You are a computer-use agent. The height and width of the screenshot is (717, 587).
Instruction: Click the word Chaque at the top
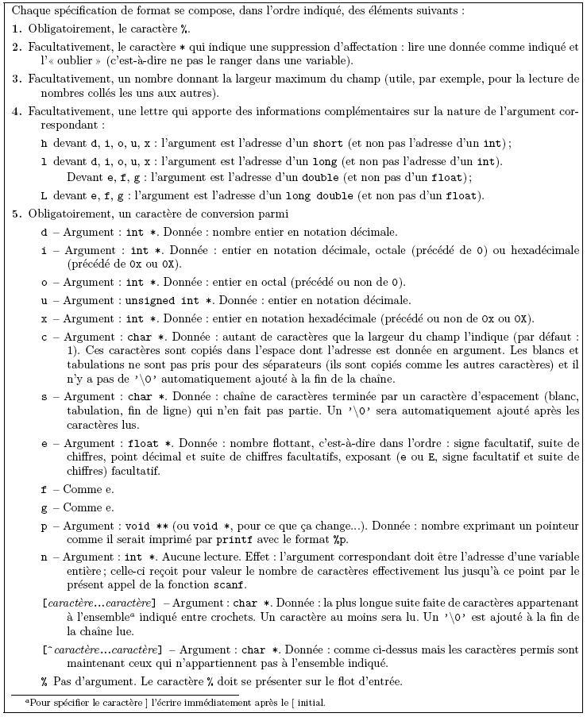[31, 12]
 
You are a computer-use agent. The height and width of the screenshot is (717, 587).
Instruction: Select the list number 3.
[17, 79]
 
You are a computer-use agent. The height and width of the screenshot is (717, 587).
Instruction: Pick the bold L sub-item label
[44, 195]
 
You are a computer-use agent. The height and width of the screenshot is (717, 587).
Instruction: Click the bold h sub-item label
[44, 144]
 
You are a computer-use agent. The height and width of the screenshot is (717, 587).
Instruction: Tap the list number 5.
[17, 214]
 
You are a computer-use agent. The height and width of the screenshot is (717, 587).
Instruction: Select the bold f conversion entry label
[44, 490]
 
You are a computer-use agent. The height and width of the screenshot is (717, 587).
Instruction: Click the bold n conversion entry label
[44, 557]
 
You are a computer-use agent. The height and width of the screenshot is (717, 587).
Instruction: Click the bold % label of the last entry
[44, 681]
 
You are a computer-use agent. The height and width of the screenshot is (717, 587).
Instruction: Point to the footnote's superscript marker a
[27, 700]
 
